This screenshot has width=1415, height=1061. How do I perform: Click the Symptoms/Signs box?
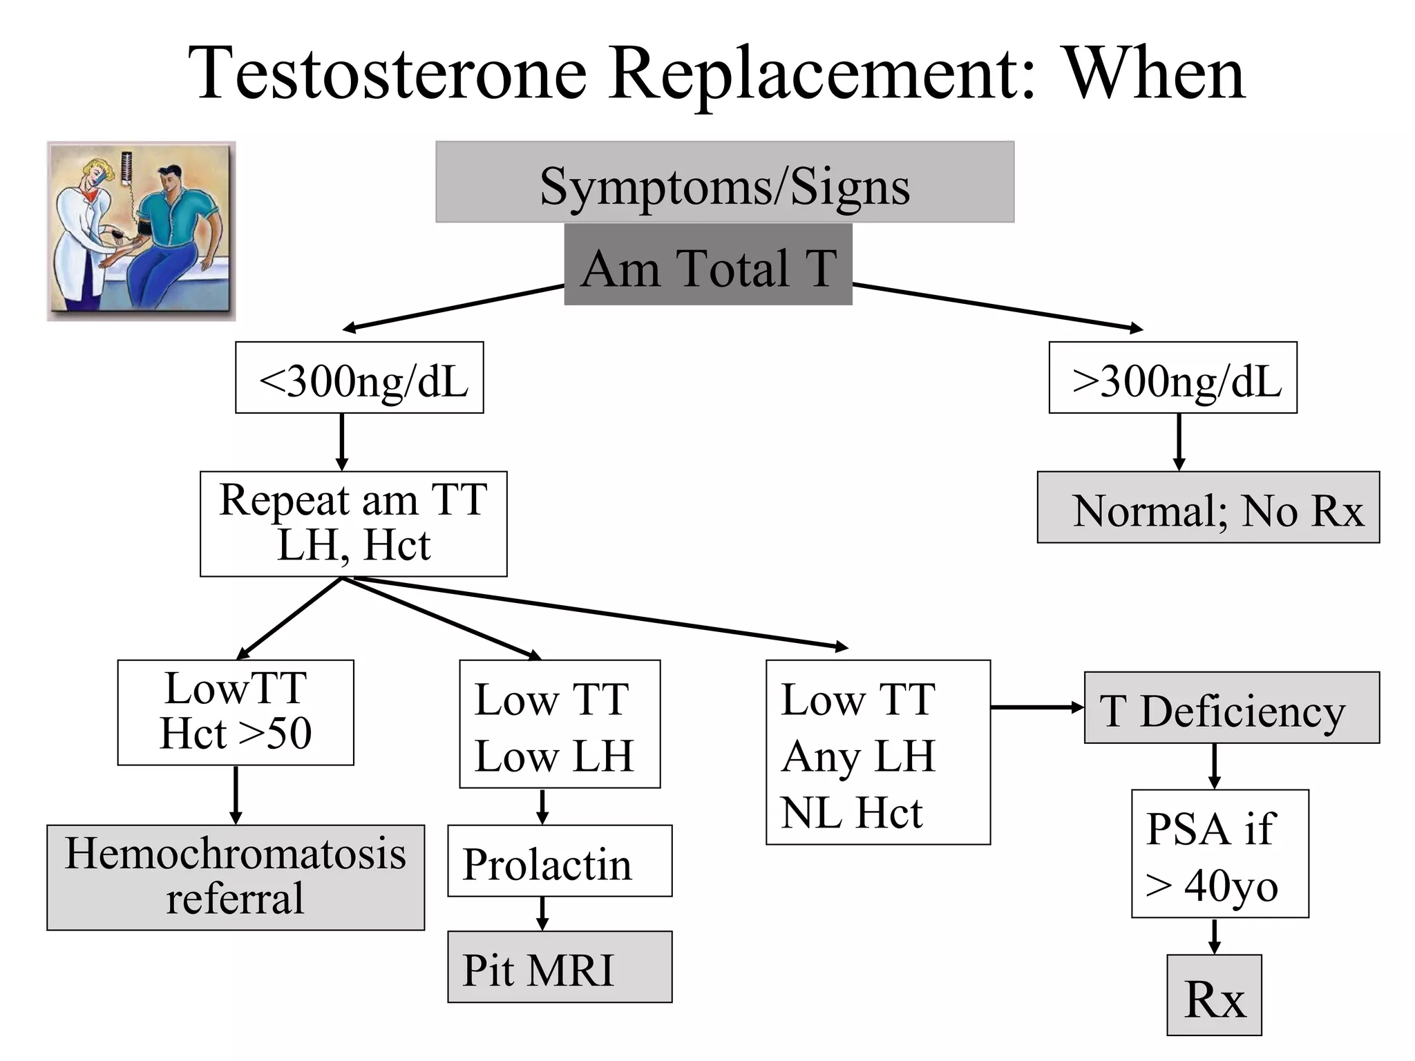[x=724, y=182]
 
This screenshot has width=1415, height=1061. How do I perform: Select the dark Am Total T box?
[x=707, y=265]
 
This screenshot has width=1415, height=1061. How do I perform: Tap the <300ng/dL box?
[x=359, y=378]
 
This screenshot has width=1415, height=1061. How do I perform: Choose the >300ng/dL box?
[x=1172, y=378]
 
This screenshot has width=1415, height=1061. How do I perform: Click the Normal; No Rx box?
[x=1208, y=508]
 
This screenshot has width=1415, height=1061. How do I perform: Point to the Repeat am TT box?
[x=353, y=524]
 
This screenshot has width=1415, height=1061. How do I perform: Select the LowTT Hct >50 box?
[x=236, y=712]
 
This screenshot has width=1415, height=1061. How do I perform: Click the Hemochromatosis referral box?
[x=236, y=877]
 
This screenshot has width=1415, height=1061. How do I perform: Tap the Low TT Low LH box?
[x=560, y=724]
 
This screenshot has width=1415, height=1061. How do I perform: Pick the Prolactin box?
[x=560, y=861]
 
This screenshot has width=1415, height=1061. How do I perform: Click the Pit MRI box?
[x=560, y=967]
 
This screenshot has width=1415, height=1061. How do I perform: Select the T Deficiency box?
[x=1231, y=708]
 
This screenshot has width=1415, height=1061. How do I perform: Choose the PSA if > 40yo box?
[x=1219, y=854]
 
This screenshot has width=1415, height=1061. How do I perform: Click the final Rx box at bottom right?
[x=1214, y=995]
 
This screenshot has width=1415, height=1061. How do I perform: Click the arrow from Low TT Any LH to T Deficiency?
[x=1036, y=707]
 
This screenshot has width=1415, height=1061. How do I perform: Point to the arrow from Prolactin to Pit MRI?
[x=542, y=914]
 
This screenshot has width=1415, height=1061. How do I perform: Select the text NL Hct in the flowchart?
[x=852, y=812]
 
